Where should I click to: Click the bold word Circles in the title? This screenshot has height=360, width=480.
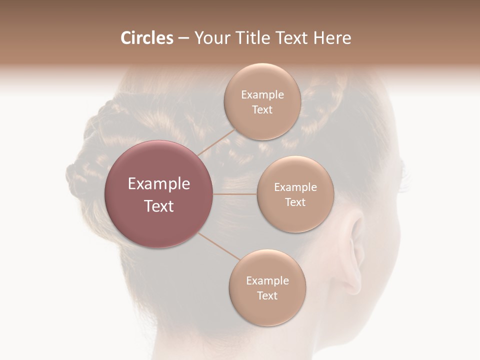pos(146,38)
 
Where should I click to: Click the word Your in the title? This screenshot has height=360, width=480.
pos(211,38)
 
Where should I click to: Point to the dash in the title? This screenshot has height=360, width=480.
pos(183,38)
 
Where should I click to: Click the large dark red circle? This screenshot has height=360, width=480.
pos(159,194)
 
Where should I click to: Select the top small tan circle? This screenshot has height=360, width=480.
pos(262,101)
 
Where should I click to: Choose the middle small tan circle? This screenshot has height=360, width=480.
pos(295,194)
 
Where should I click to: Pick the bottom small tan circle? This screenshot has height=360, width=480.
pos(267,287)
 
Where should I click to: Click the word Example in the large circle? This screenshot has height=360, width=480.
pos(159,183)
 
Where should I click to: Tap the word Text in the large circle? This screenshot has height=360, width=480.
pos(159,206)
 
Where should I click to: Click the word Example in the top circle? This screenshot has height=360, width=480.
pos(262,94)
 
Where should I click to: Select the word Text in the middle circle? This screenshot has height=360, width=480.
pos(295,202)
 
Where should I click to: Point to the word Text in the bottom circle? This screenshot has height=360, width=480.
pos(267,295)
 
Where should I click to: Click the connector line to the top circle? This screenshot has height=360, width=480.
pos(216,141)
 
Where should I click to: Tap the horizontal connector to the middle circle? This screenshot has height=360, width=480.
pos(234,194)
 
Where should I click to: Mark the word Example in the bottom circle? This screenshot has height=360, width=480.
pos(267,280)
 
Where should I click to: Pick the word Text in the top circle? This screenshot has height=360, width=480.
pos(262,109)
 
